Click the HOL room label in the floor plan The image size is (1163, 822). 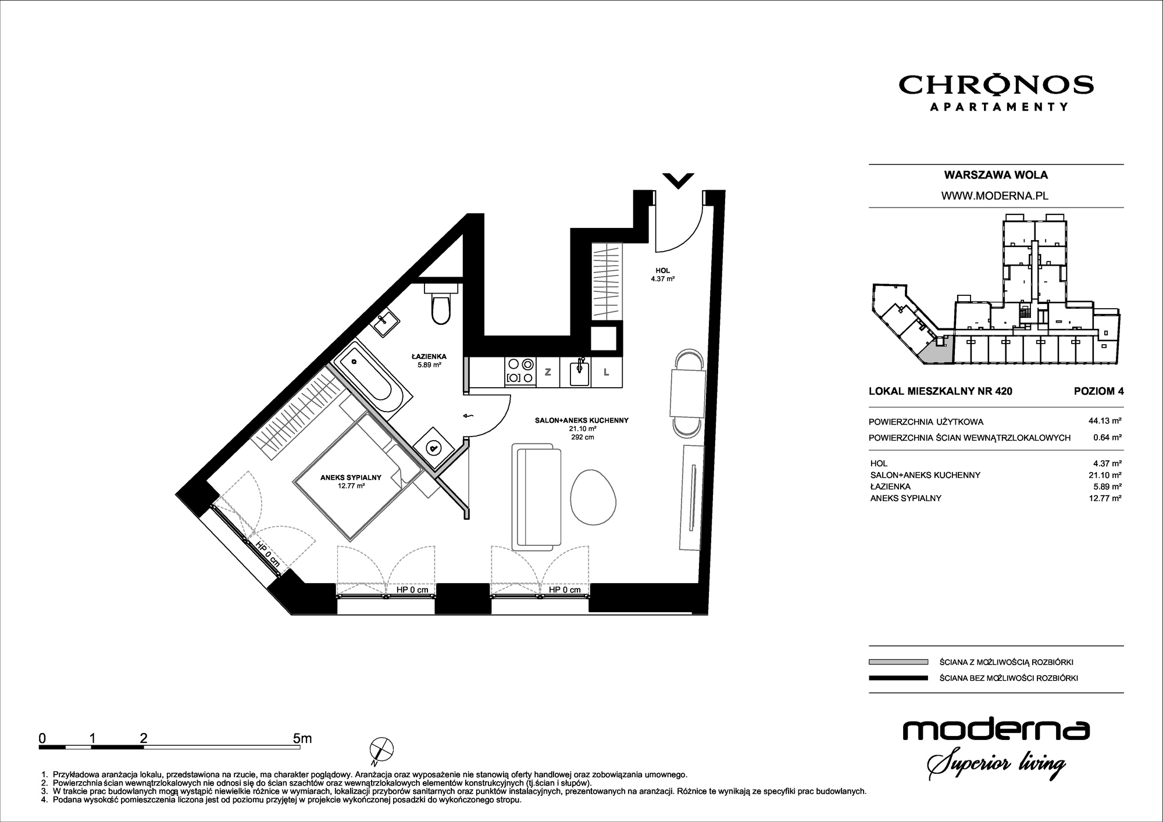(662, 270)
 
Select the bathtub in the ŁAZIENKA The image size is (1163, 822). (371, 378)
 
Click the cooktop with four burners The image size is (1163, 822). (520, 371)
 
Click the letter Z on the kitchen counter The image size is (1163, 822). (547, 372)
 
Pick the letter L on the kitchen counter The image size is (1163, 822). (606, 372)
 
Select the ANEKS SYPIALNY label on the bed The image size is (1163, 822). (351, 477)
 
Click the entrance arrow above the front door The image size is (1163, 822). (678, 181)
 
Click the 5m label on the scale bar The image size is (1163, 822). (302, 738)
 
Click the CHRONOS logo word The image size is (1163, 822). (996, 85)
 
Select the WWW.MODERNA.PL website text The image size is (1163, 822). (995, 196)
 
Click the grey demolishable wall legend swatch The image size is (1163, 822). (898, 662)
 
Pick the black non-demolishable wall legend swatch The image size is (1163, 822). (898, 678)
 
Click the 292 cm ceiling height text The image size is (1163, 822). (582, 437)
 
